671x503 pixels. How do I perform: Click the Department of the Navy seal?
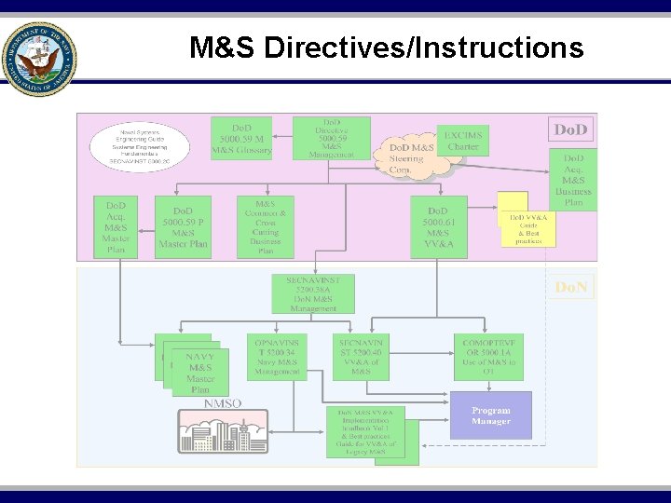39,58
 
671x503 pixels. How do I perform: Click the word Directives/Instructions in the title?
424,48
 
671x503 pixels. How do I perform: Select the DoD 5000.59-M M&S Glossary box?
241,137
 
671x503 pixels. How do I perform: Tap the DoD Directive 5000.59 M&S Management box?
331,137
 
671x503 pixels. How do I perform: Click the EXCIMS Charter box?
462,141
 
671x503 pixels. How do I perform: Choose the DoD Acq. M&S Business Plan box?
573,179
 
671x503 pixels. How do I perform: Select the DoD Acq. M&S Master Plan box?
116,225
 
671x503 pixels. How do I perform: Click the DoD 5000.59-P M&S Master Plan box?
183,225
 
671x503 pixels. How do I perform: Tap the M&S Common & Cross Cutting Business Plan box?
265,226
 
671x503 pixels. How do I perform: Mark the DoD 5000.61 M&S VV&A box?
438,225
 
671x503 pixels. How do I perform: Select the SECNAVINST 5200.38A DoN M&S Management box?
313,293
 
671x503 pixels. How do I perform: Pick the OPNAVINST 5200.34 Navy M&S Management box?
277,357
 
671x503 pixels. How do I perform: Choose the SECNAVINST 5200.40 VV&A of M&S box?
361,357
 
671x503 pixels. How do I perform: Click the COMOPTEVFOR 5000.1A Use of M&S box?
489,357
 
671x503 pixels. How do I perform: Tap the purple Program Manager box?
490,415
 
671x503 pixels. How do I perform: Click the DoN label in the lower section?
570,288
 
